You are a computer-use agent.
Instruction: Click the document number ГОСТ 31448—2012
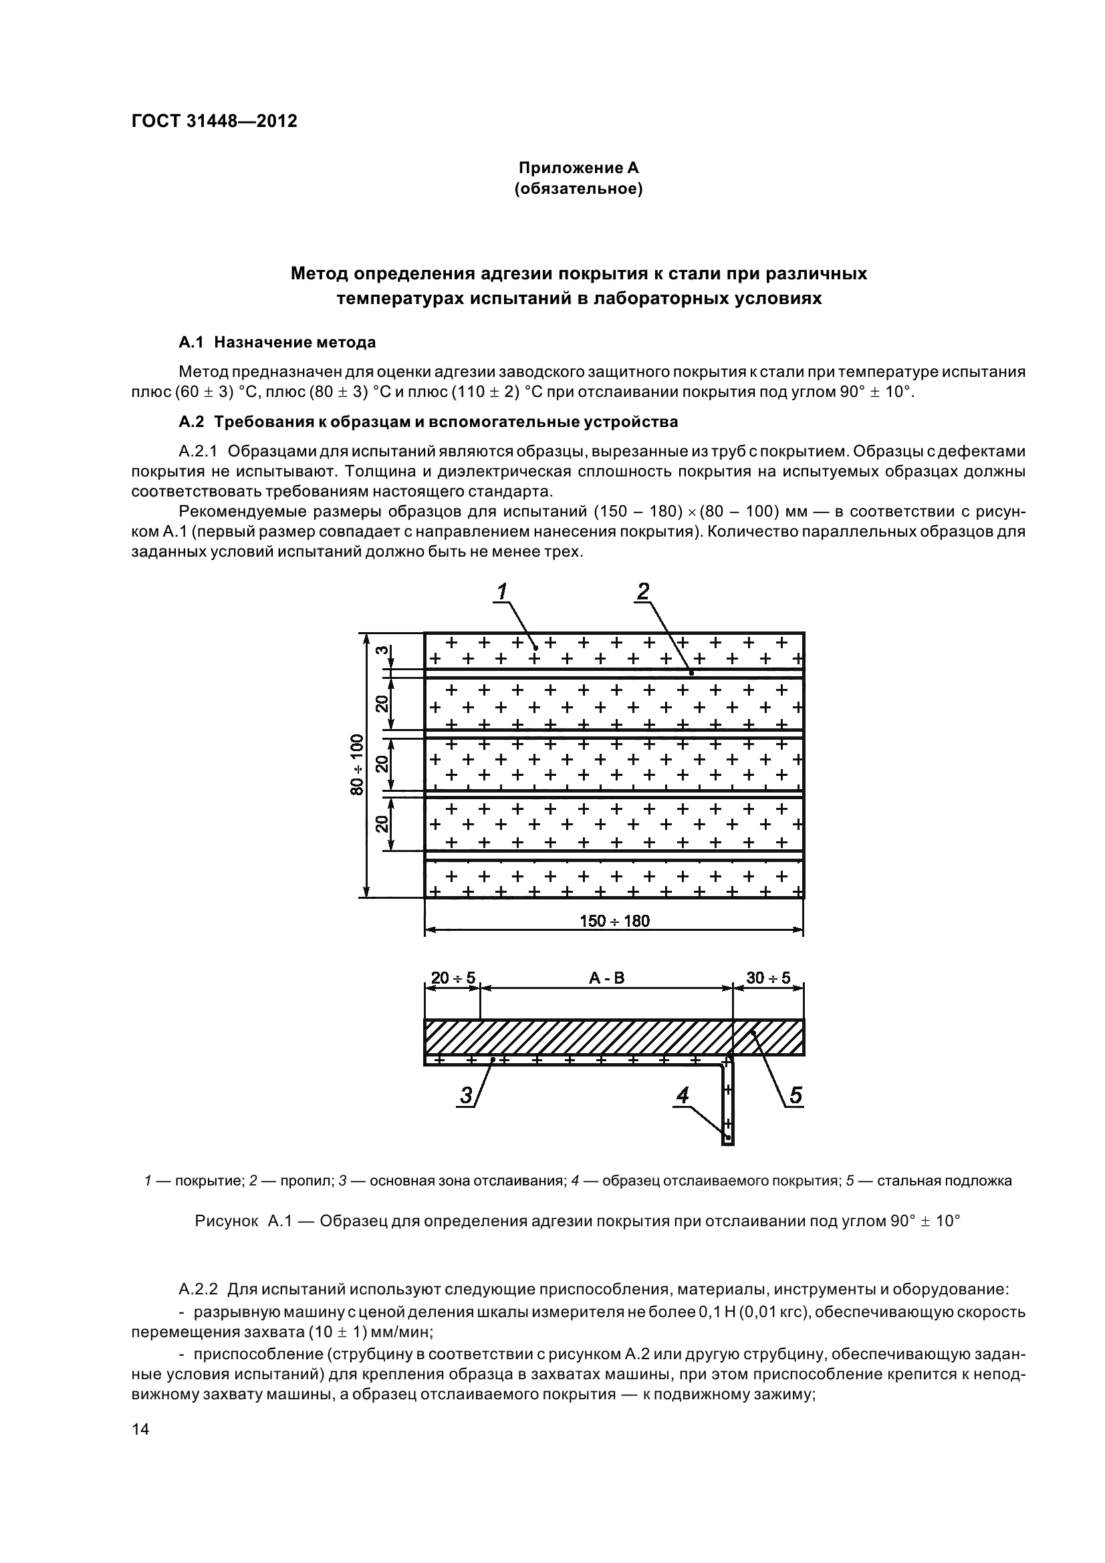pos(214,121)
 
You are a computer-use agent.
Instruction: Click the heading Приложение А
pos(578,168)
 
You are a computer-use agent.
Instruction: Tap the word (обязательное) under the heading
pos(578,188)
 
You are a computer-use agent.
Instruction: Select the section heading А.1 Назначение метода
pos(277,342)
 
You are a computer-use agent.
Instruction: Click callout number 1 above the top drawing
pos(502,592)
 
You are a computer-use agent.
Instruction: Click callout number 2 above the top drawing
pos(642,592)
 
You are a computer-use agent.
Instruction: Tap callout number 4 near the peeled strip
pos(683,1095)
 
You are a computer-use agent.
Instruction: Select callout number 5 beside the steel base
pos(795,1095)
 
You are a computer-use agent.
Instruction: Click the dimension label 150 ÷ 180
pos(614,921)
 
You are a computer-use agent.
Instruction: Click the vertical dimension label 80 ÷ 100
pos(357,764)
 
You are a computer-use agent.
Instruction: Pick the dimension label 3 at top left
pos(383,650)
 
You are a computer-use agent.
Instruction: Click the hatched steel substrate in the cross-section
pos(579,1037)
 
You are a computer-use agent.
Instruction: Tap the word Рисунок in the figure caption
pos(226,1222)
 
